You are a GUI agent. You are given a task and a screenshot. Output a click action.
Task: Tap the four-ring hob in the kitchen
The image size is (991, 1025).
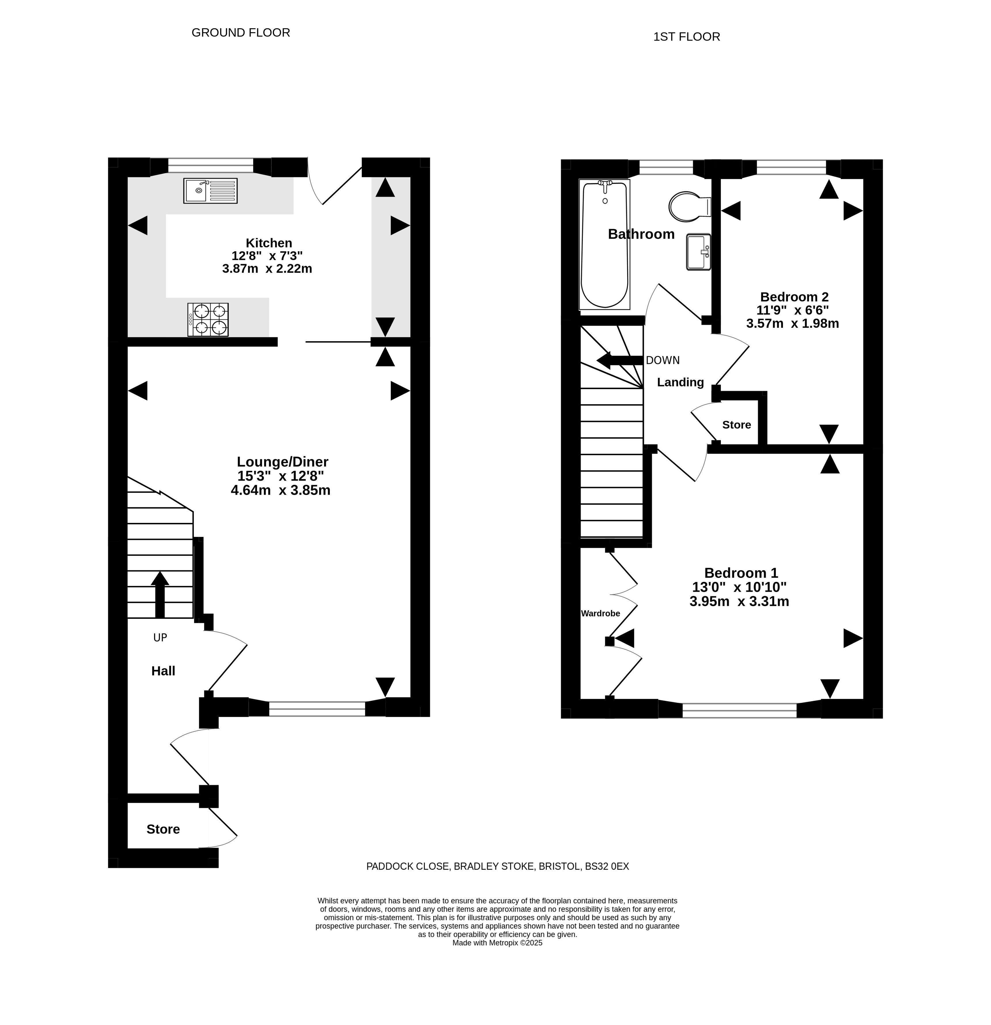click(208, 320)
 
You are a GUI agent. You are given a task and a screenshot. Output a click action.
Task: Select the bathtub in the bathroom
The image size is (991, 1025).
click(604, 244)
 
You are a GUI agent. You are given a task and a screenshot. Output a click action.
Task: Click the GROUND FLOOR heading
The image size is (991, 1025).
click(241, 32)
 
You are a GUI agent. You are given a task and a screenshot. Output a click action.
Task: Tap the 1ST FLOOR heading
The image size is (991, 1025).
click(686, 37)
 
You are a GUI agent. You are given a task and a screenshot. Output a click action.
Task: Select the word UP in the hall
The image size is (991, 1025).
click(160, 638)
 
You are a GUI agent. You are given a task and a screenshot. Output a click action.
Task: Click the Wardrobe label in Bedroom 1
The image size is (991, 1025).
click(601, 613)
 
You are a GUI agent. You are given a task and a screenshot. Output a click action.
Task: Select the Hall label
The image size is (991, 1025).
click(163, 671)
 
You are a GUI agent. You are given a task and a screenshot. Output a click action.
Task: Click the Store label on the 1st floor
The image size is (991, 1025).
click(736, 425)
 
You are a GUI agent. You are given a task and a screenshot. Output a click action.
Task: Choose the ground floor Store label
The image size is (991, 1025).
click(163, 829)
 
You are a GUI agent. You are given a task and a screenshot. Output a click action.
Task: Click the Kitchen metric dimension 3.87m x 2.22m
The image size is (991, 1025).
click(267, 269)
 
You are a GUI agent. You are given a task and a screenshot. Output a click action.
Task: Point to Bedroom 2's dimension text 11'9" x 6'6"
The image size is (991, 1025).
click(793, 310)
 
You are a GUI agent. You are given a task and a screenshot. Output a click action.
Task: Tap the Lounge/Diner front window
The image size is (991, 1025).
click(317, 709)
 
